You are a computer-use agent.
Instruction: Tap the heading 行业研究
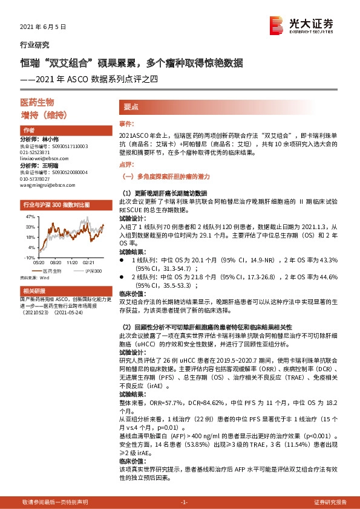[x=34, y=45]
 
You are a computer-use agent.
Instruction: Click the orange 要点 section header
[x=131, y=106]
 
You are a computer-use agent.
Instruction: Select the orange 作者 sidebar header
[x=28, y=131]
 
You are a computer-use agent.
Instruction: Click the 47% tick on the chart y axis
[x=29, y=216]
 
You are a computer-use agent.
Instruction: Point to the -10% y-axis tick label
[x=28, y=257]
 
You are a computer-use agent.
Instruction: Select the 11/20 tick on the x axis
[x=71, y=263]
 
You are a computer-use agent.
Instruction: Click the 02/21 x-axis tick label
[x=88, y=263]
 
